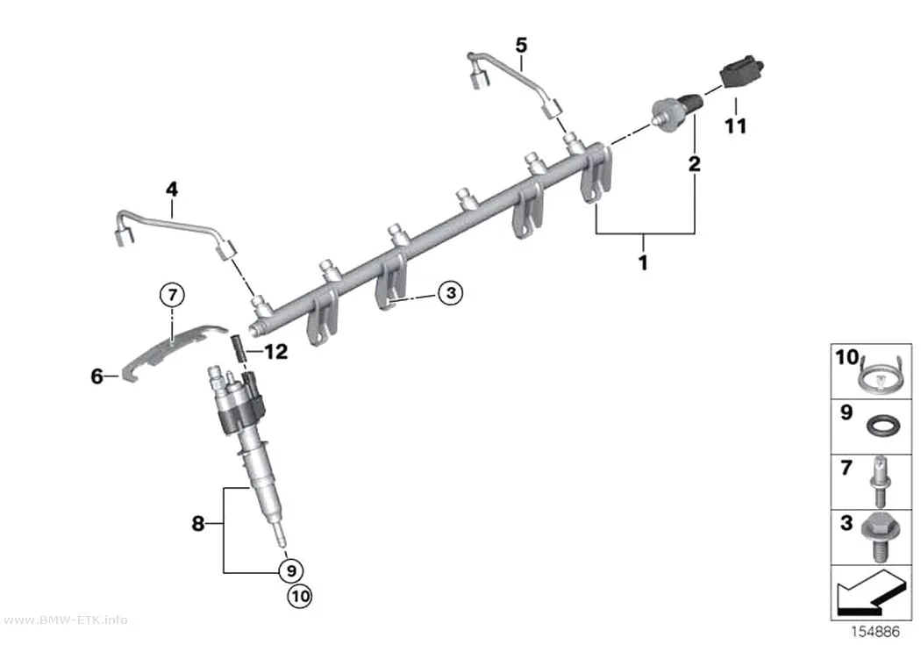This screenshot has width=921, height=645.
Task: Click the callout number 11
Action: click(735, 125)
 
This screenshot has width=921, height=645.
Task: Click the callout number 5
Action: click(521, 45)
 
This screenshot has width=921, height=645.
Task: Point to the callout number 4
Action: click(172, 190)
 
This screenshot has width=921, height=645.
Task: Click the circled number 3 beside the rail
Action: click(451, 292)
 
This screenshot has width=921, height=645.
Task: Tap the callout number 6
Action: click(96, 376)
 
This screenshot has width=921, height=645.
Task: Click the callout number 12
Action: click(276, 352)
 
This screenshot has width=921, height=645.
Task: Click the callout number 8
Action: click(198, 523)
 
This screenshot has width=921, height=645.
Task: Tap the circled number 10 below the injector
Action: click(300, 596)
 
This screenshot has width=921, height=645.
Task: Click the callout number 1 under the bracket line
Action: click(643, 262)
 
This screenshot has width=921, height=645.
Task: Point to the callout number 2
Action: click(695, 164)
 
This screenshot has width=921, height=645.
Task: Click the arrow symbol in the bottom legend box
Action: click(869, 591)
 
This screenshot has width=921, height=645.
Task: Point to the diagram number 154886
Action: click(875, 632)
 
